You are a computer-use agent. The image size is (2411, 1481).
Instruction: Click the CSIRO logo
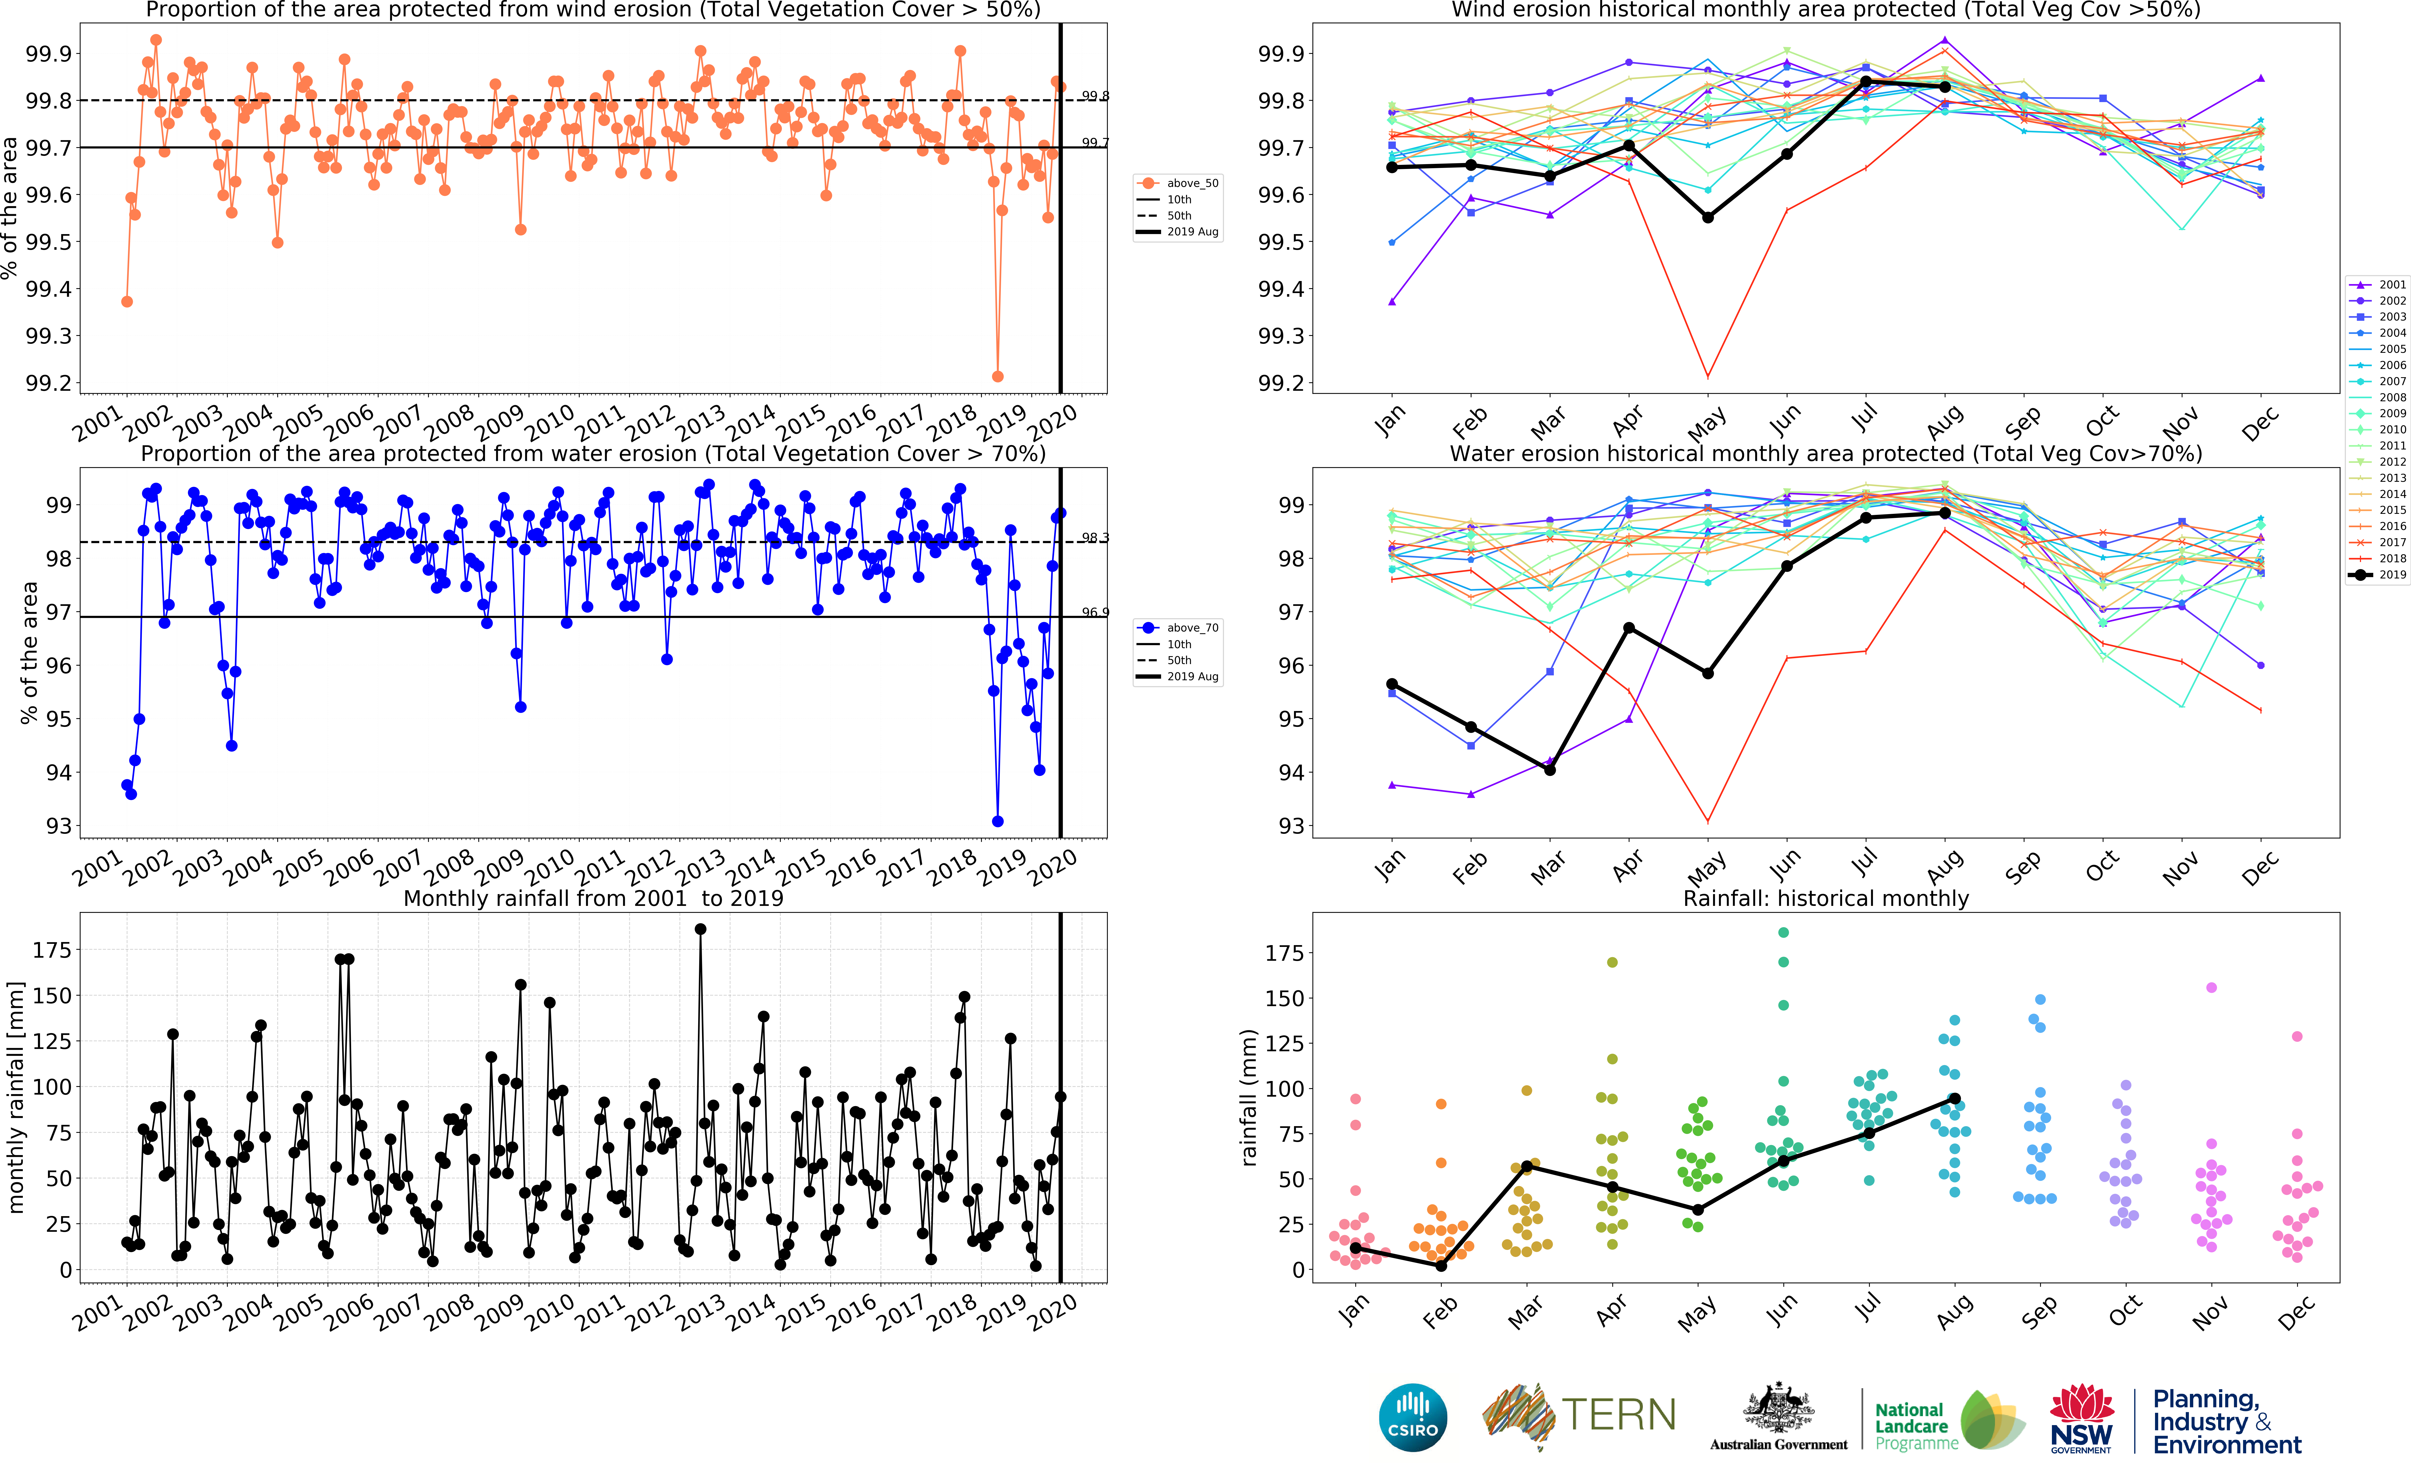pos(1413,1416)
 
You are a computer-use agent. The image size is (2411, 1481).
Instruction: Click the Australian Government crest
pos(1778,1408)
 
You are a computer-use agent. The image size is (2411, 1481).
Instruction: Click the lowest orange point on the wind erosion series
pos(997,376)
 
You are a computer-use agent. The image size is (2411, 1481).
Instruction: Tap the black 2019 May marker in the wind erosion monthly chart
pos(1708,217)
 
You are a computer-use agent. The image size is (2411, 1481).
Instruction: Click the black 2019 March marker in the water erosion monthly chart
pos(1550,770)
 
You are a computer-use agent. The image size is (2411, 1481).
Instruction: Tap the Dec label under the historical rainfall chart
pos(2295,1313)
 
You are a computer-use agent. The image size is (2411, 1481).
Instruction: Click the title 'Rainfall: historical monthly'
pos(1825,898)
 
